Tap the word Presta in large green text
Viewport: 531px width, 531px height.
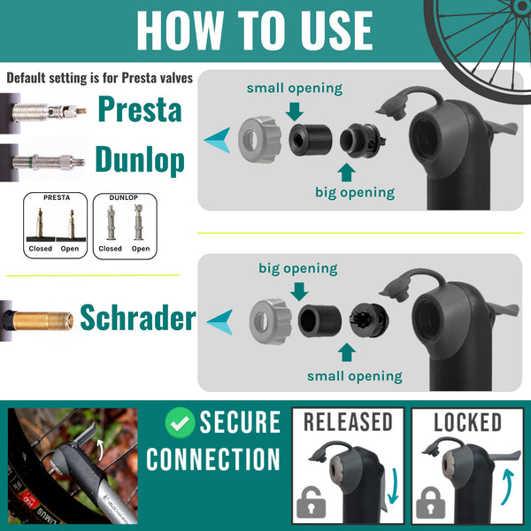139,110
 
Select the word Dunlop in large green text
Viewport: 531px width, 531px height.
140,160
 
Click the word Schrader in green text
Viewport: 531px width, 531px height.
137,317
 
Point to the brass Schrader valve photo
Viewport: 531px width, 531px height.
37,316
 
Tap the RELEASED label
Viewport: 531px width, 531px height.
348,422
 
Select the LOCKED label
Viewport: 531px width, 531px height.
467,422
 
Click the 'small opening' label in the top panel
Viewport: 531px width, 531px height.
294,88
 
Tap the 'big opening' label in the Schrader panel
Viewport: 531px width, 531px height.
297,267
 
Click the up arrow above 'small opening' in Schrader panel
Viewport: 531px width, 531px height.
346,352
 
